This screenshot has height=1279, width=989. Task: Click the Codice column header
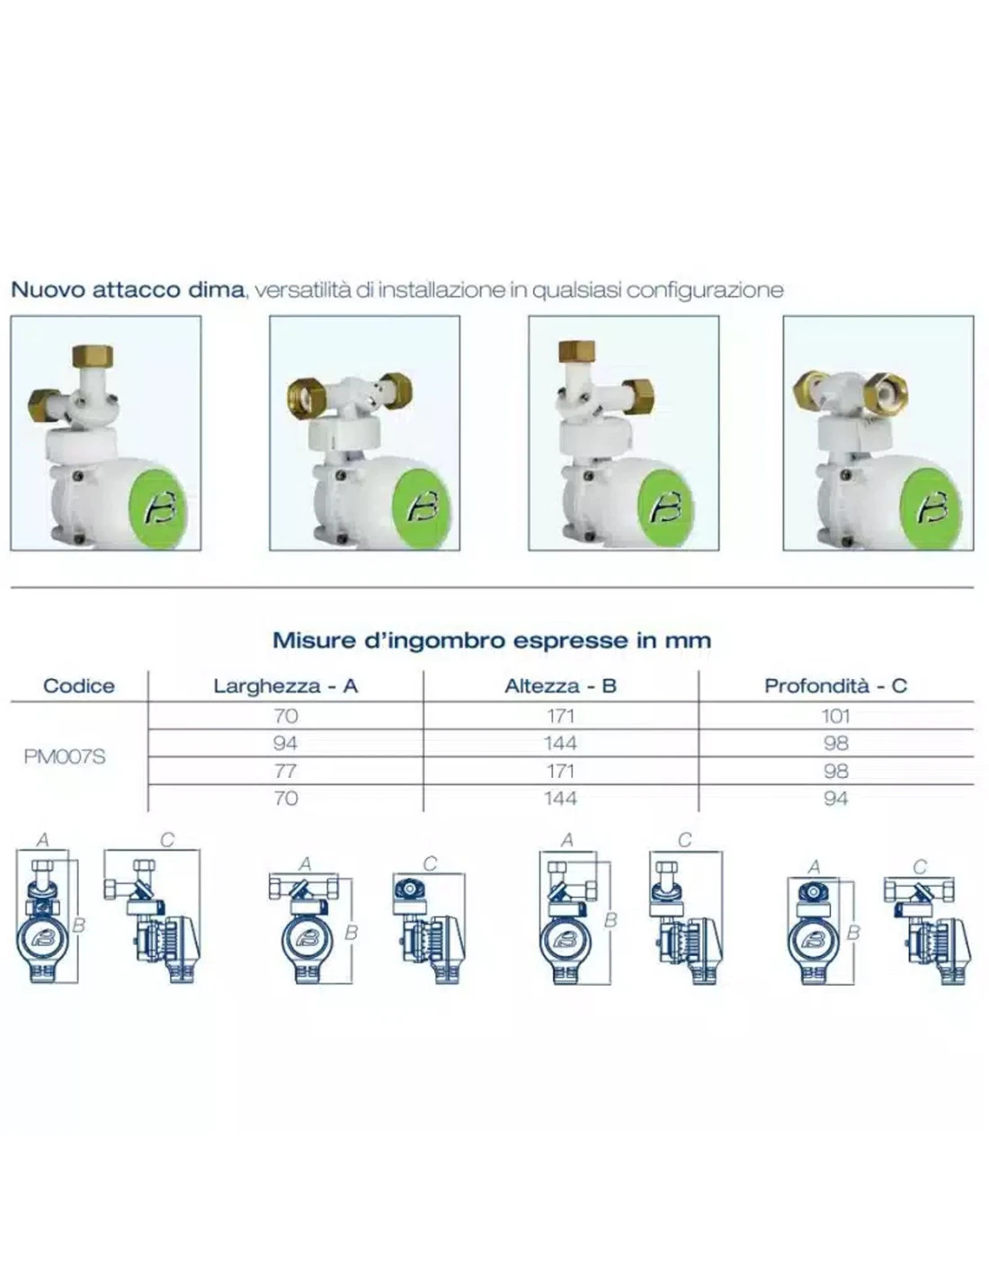tap(79, 685)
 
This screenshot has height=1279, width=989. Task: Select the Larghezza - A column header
tap(285, 685)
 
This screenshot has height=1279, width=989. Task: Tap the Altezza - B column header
tap(560, 685)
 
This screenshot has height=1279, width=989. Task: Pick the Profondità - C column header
tap(835, 685)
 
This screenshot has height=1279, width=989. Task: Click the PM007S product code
tap(65, 756)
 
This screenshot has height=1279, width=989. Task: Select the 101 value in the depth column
tap(835, 716)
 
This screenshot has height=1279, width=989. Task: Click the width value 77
tap(285, 771)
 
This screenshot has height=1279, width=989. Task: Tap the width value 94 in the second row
tap(285, 743)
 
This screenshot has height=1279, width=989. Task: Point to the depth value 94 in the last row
tap(835, 798)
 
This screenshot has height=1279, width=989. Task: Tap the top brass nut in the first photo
tap(93, 358)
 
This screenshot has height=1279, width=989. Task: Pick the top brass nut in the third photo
tap(576, 352)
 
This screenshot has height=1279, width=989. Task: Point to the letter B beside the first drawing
tap(79, 926)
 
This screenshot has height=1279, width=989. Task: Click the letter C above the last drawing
tap(920, 866)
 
